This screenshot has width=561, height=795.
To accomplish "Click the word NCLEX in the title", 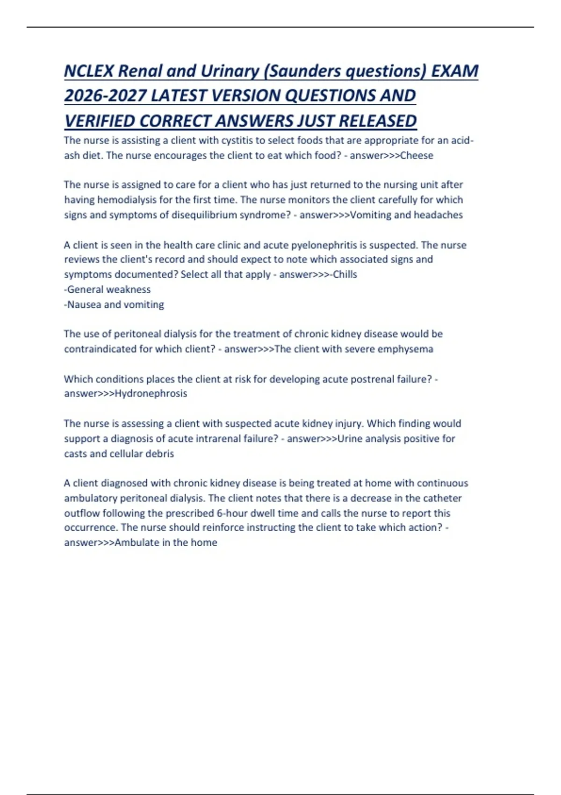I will click(x=89, y=71).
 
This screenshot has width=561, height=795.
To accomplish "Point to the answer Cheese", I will click(x=417, y=155).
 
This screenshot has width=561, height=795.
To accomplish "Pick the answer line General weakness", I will click(x=108, y=289).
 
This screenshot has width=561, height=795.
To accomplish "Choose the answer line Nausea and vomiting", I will click(x=115, y=304).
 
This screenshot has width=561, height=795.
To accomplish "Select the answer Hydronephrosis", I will click(x=151, y=393).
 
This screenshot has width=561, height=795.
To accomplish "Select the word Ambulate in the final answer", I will click(x=137, y=542).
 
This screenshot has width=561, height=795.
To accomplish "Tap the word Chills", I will click(x=345, y=275).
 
